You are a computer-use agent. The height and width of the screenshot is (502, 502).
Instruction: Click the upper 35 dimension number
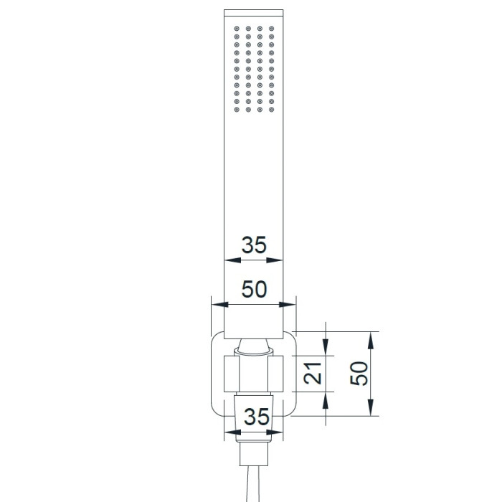tap(254, 245)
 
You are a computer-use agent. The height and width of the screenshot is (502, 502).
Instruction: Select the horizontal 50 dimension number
tap(254, 290)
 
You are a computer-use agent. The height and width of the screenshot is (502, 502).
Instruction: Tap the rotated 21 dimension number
tap(313, 374)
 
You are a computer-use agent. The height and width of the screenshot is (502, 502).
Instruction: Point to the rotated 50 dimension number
tap(359, 374)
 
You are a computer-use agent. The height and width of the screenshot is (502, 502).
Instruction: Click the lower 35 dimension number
tap(257, 417)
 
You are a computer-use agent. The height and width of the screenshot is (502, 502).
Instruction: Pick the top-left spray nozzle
tap(237, 29)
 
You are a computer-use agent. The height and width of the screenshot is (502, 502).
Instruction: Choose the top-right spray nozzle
tap(272, 29)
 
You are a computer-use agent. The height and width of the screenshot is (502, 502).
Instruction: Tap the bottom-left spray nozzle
tap(237, 110)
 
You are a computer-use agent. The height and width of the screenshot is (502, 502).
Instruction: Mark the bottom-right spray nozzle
tap(272, 110)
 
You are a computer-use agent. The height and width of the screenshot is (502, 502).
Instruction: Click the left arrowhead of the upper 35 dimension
tap(232, 260)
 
